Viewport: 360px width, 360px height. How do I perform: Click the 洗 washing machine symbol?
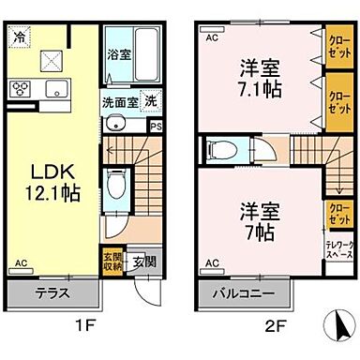(x=151, y=100)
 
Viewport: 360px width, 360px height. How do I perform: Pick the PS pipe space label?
(x=157, y=125)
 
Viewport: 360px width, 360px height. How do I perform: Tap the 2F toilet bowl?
(x=223, y=149)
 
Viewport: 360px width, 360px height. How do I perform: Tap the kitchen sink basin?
(x=52, y=90)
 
